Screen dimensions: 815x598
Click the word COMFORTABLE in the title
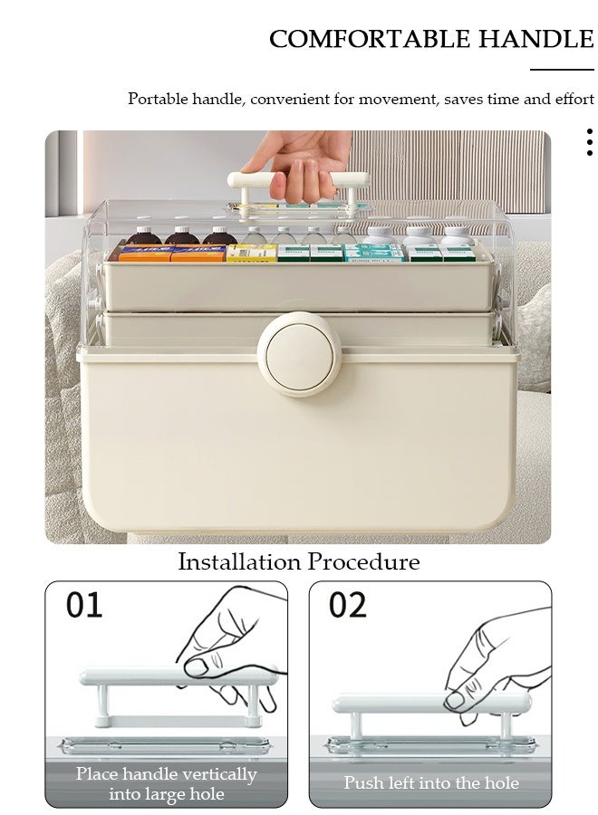pos(370,39)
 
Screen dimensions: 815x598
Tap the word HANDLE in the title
pos(535,39)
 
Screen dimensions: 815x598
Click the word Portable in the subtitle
pos(158,99)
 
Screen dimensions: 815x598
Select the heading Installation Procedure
pos(298,561)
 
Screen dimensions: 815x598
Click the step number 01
pos(84,605)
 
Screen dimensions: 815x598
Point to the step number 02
pos(348,605)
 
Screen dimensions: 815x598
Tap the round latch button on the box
pos(299,355)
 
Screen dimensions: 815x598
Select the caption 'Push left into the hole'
pos(430,782)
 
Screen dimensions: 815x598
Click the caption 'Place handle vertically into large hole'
pos(166,783)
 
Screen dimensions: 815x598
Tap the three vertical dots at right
pos(589,142)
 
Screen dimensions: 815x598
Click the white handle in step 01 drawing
pos(178,677)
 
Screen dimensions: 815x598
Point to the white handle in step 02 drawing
pos(430,704)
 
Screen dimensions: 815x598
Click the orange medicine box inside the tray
pos(145,254)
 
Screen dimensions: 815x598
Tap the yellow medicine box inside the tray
pos(251,254)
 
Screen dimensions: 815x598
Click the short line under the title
pos(562,69)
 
